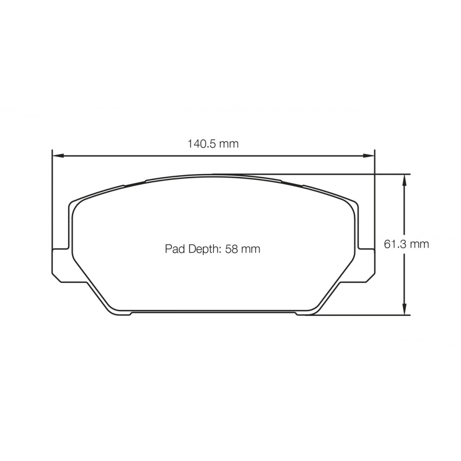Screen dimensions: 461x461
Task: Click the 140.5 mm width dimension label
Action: coord(213,143)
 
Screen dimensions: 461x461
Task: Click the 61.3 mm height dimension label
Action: coord(406,244)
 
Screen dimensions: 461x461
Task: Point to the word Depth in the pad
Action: coord(203,249)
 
